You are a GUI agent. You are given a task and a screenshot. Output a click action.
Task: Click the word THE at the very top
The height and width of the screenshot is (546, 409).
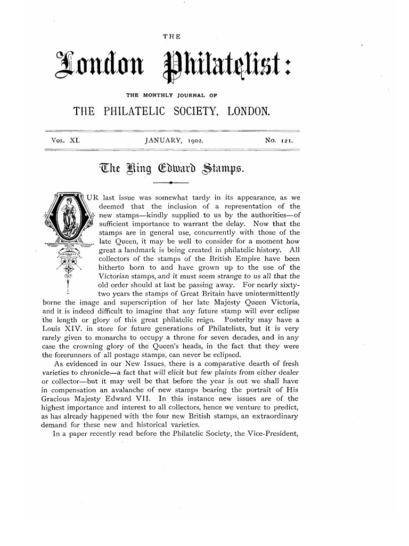(x=174, y=36)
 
